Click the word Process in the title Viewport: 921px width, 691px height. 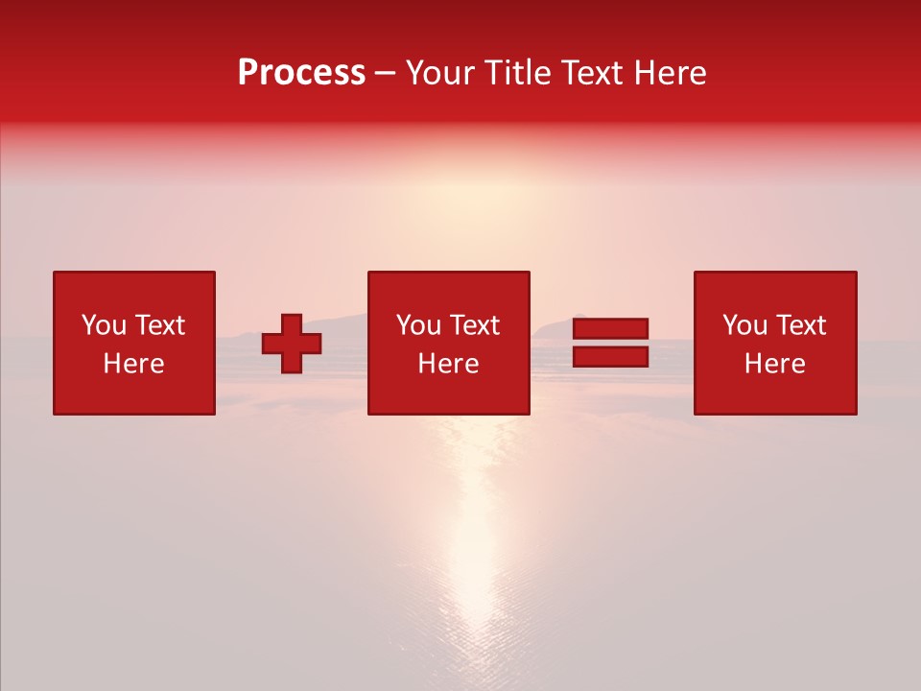tap(301, 73)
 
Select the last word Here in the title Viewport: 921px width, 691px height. tap(670, 73)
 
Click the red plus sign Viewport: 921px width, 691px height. tap(292, 344)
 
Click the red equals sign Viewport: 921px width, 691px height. tap(610, 343)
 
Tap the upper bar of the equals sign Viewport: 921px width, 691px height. tap(610, 329)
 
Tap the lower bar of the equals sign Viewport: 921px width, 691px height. tap(610, 356)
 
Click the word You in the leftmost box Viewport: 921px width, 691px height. tap(105, 325)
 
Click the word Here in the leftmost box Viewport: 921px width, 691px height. tap(133, 364)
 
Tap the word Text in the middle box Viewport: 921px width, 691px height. tap(474, 325)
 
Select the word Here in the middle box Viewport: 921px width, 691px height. tap(448, 364)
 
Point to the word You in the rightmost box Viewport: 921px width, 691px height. tap(745, 325)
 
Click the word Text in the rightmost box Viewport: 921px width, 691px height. tap(800, 325)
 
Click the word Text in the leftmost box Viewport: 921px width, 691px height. tap(159, 325)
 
